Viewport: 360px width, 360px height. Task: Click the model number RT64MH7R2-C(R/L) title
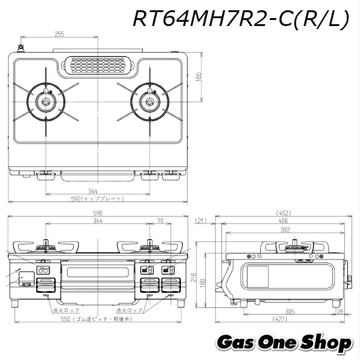tap(241, 20)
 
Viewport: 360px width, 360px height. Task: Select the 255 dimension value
tap(59, 34)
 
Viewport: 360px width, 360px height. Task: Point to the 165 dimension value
tap(198, 77)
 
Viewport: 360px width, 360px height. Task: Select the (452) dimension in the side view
tap(283, 213)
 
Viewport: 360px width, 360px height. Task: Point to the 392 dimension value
tap(283, 230)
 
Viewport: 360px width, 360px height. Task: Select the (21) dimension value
tap(201, 221)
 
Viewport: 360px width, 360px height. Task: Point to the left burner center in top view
tap(45, 102)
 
